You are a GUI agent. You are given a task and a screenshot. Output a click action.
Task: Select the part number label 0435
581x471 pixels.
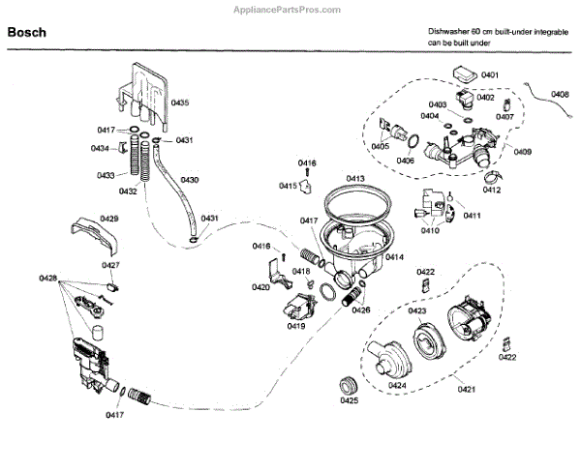[x=180, y=103]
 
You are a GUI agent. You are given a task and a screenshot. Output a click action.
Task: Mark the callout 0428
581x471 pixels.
[x=48, y=279]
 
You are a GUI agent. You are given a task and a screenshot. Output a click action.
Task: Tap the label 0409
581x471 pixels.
[x=522, y=151]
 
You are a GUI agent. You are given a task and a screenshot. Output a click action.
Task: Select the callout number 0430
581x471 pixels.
[x=189, y=180]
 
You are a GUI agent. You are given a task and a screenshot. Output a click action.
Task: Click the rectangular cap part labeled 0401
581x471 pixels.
[x=466, y=74]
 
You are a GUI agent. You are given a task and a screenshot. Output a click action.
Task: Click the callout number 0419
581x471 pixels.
[x=296, y=327]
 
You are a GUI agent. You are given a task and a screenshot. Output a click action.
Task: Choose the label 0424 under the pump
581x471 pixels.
[x=396, y=385]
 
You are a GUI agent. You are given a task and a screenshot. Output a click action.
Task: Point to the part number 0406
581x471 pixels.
[x=406, y=161]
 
